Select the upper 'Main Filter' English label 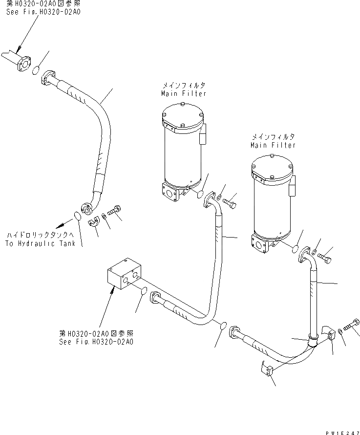point(184,93)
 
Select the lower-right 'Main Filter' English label point(273,145)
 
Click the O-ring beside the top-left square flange point(36,72)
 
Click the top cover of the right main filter point(272,166)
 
